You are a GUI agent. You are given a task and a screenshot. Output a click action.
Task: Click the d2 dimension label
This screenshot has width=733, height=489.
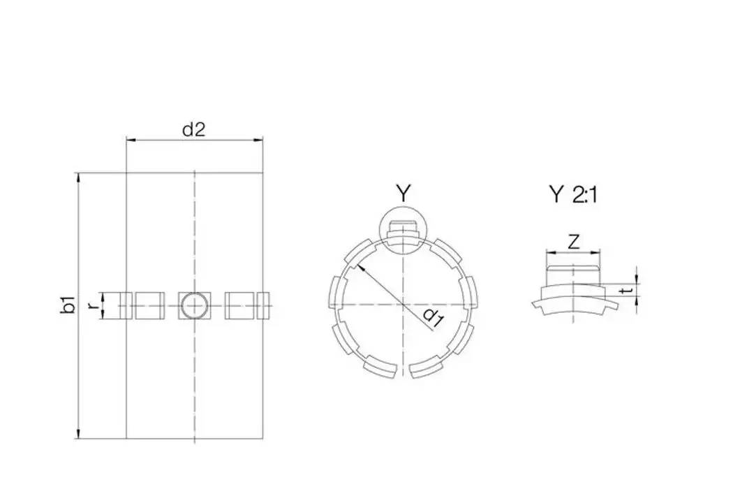[194, 129]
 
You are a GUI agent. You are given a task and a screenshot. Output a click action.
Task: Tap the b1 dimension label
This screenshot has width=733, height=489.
[68, 305]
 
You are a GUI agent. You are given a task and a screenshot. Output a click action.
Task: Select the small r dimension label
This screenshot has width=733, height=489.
[91, 305]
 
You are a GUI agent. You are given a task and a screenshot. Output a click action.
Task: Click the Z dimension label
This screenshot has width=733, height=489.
[573, 242]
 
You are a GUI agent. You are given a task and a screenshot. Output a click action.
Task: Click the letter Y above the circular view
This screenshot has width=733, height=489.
[403, 193]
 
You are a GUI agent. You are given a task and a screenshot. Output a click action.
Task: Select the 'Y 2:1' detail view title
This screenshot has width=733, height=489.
[573, 194]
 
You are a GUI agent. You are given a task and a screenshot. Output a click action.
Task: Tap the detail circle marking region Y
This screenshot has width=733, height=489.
[402, 231]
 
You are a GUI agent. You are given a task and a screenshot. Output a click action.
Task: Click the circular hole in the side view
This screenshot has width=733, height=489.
[193, 305]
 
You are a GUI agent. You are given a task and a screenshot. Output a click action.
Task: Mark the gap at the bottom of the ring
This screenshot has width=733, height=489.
[402, 374]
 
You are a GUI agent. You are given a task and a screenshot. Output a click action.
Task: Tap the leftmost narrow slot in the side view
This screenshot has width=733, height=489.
[126, 305]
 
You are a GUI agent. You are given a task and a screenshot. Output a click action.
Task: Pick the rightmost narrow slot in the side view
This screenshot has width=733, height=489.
[262, 305]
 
